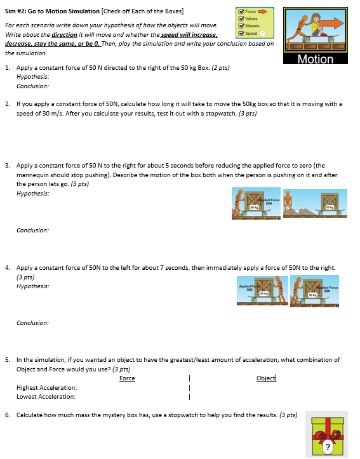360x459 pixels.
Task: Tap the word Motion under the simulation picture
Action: tap(316, 59)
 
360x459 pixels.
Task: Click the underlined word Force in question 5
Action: tap(127, 378)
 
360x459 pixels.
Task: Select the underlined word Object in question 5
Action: tap(265, 378)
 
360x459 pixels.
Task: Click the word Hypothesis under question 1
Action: tap(32, 76)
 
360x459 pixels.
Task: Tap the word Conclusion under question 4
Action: tap(32, 323)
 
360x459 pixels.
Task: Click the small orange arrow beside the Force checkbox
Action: tap(262, 11)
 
